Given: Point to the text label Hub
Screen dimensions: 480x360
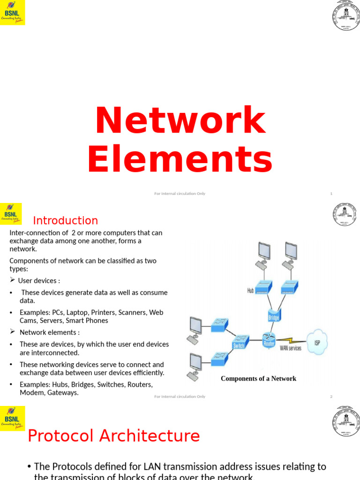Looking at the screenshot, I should coord(251,291).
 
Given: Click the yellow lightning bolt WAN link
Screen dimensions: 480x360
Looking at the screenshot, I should coord(291,339).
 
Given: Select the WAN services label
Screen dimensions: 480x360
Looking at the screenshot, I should coord(291,348).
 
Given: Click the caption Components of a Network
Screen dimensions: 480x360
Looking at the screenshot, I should coord(258,378).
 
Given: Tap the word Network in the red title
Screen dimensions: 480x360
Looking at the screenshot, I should coord(180,120).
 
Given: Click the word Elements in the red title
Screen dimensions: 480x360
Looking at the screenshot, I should coord(180,160).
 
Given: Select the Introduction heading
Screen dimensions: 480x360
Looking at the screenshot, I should coord(65,220).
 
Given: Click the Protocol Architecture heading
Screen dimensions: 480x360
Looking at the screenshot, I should coord(113,435).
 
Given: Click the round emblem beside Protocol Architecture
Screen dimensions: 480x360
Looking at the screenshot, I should coord(346,419).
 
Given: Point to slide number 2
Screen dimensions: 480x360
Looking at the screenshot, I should coord(331,397).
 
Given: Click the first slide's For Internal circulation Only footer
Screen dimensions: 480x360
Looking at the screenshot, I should coord(180,194).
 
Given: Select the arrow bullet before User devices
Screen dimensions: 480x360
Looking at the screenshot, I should coord(13,280).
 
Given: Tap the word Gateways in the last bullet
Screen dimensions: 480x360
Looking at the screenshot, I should coord(63,393).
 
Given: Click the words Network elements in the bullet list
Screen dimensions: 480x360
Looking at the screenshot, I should coord(49,332).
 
